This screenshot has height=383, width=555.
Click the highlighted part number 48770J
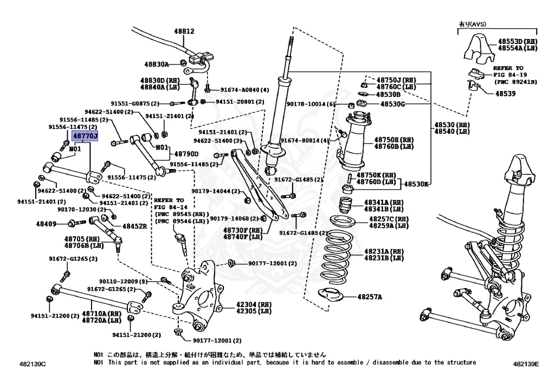[85, 136]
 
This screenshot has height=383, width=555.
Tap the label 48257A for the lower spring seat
[369, 297]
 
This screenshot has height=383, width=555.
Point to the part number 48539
[505, 93]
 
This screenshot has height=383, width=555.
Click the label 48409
[46, 223]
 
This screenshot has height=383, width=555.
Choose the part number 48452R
[134, 226]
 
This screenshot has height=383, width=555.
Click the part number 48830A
[157, 64]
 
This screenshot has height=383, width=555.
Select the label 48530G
[392, 103]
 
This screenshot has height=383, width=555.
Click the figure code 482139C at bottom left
[31, 363]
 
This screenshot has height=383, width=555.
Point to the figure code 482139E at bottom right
[526, 363]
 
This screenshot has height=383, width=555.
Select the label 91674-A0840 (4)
[244, 90]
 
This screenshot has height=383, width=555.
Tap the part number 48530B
[389, 94]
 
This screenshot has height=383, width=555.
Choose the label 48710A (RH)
[101, 313]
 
